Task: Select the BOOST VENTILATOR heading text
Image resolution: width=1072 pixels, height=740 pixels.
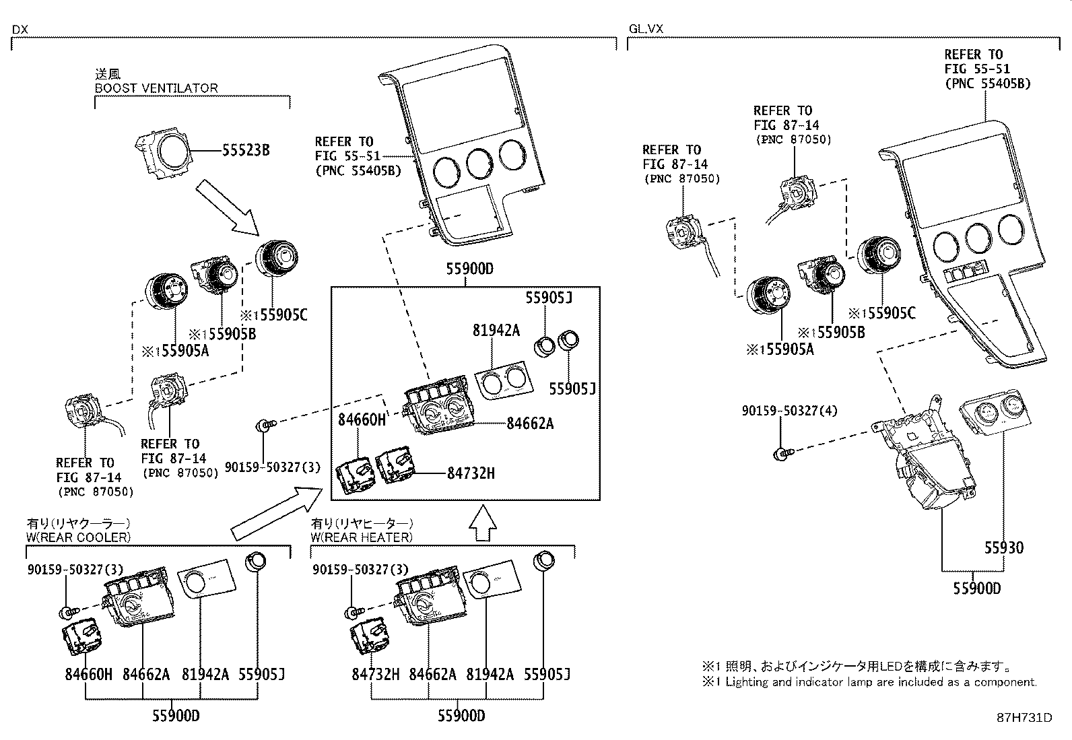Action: tap(156, 88)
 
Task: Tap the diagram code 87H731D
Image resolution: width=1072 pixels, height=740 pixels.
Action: tap(1024, 718)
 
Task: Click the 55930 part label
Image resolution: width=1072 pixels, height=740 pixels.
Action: tap(1003, 547)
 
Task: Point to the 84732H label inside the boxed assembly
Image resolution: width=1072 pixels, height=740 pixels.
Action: tap(471, 473)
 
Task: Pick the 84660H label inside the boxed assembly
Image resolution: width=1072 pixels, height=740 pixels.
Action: tap(362, 421)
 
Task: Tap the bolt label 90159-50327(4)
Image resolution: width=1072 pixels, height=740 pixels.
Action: tap(789, 410)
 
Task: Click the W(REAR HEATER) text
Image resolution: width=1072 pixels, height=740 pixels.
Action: tap(361, 537)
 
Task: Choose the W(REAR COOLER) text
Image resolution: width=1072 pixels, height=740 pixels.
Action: tap(79, 537)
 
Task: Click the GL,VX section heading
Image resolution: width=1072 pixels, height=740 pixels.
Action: tap(646, 29)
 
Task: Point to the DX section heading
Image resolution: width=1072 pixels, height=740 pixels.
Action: tap(20, 29)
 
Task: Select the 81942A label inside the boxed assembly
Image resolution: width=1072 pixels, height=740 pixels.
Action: tap(496, 330)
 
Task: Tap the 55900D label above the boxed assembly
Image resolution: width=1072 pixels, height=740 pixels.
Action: tap(469, 269)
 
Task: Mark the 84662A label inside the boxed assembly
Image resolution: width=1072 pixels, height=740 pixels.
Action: tap(530, 423)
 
